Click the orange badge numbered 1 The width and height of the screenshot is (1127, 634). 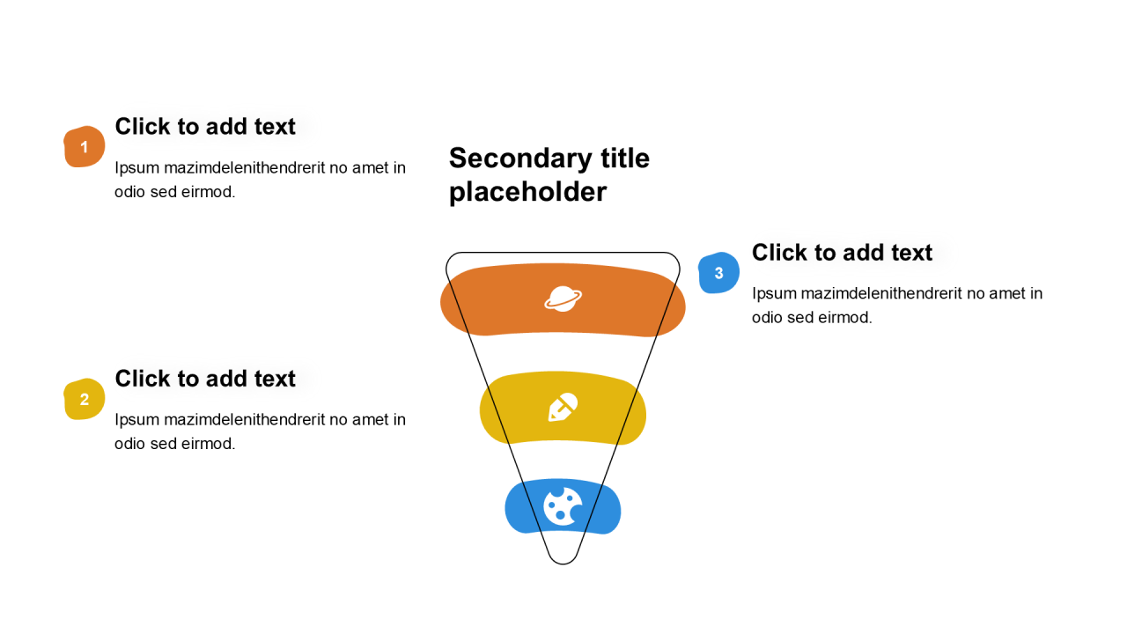tap(84, 147)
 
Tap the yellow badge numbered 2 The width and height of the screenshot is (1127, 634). tap(84, 400)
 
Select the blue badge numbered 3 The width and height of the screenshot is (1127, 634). tap(718, 273)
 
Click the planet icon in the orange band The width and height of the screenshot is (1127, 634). tap(563, 299)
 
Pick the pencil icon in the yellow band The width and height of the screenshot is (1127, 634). tap(563, 407)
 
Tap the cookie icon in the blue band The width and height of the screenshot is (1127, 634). tap(563, 506)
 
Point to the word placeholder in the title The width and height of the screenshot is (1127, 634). tap(527, 192)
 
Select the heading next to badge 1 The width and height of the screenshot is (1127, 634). tap(205, 127)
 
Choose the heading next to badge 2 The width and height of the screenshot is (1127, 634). tap(205, 379)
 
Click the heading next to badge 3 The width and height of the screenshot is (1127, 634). tap(842, 253)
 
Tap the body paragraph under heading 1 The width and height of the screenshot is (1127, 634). tap(260, 180)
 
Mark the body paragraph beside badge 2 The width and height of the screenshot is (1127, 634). tap(260, 431)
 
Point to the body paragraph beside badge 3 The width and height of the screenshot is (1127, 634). tap(896, 306)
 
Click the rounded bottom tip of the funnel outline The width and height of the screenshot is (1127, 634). tap(563, 561)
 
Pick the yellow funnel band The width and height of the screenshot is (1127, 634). tap(511, 409)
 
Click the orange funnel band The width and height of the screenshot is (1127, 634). tap(493, 299)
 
